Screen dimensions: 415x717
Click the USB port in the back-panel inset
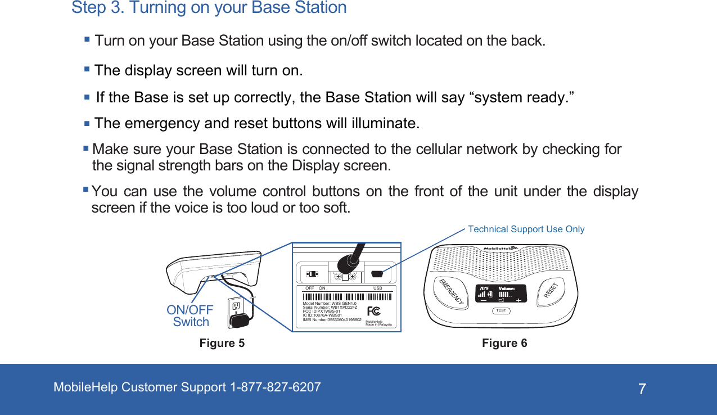(377, 275)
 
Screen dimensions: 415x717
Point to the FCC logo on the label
(373, 312)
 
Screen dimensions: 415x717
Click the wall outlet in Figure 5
(236, 307)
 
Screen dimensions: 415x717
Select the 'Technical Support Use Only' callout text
(526, 229)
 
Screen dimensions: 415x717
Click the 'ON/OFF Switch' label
(190, 316)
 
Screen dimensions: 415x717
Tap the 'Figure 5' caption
(222, 343)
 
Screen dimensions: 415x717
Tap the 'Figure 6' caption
(504, 343)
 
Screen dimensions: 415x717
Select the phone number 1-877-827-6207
(276, 387)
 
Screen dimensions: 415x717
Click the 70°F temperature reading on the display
(483, 288)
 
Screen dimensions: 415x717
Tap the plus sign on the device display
(518, 300)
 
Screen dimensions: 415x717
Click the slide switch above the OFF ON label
(311, 274)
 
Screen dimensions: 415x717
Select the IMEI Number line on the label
(332, 319)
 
